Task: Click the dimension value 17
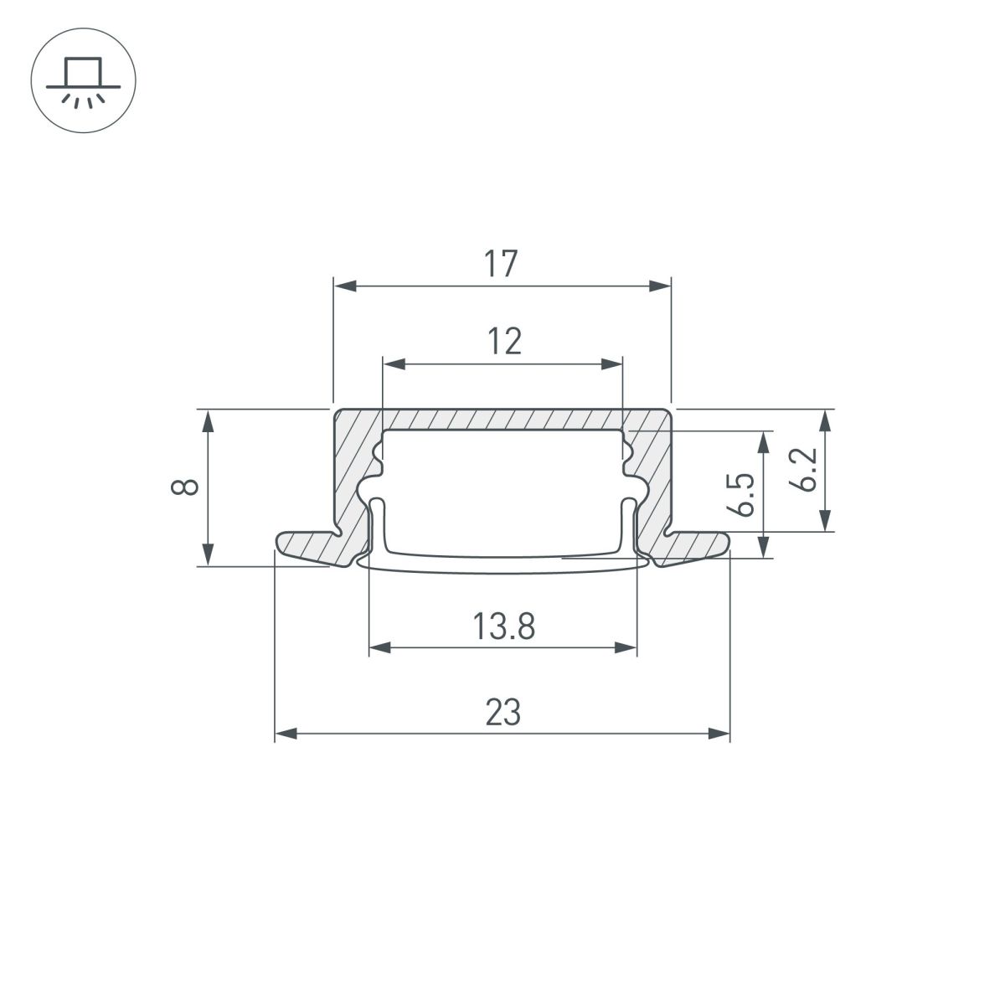(x=502, y=264)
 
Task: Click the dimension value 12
(x=502, y=342)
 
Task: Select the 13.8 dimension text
(x=502, y=626)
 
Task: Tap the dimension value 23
(x=502, y=713)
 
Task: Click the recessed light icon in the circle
(x=83, y=82)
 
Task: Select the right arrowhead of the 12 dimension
(x=615, y=363)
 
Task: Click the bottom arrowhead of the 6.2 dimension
(x=827, y=523)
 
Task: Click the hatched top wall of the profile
(x=502, y=418)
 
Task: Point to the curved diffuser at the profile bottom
(x=502, y=567)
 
